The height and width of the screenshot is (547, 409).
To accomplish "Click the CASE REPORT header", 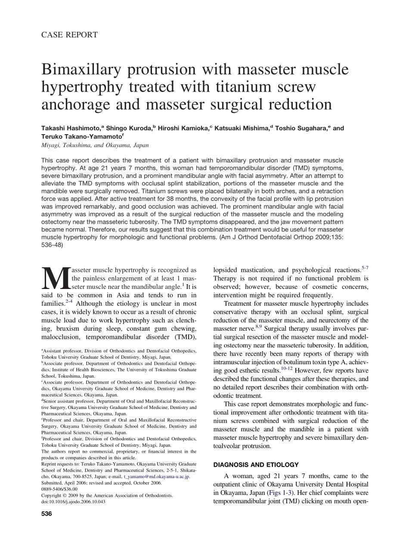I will pos(69,35).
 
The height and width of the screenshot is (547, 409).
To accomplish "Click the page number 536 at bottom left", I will pos(46,514).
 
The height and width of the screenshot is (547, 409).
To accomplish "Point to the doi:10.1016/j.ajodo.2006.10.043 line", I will pos(73,501).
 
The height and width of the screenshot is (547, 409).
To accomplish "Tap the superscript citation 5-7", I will pos(364,268).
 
